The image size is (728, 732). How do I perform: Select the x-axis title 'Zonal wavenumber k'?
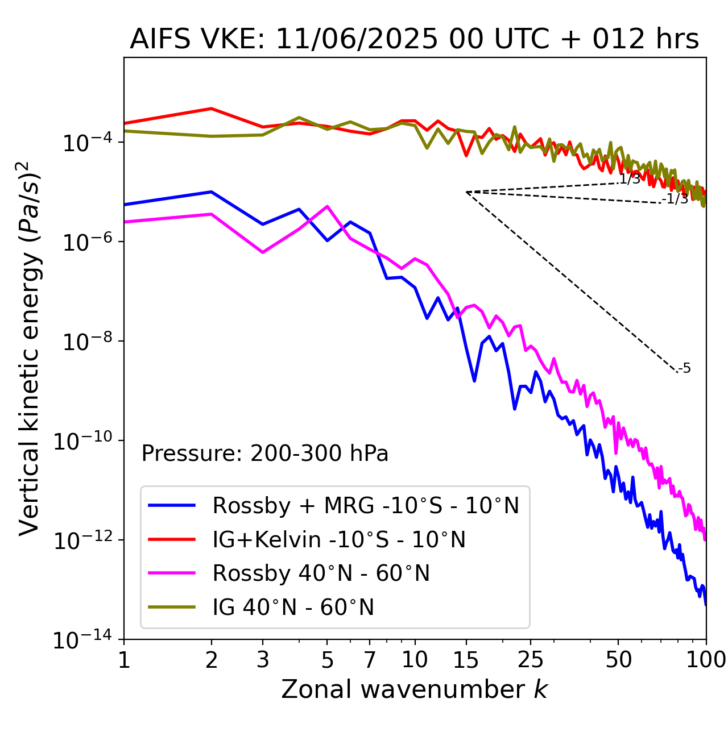pos(414,689)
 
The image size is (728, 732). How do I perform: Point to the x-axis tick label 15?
pos(466,660)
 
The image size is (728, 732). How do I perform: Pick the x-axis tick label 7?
pos(370,660)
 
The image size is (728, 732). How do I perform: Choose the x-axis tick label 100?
pos(705,660)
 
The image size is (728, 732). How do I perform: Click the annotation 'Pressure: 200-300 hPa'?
pos(264,454)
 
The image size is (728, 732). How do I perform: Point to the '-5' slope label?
pos(685,368)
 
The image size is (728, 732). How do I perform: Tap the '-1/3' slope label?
pos(676,199)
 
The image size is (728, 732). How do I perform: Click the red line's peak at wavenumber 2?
pos(212,108)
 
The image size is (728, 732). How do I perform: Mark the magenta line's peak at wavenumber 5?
pos(327,206)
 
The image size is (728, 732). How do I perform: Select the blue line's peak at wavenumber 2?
pos(212,192)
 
